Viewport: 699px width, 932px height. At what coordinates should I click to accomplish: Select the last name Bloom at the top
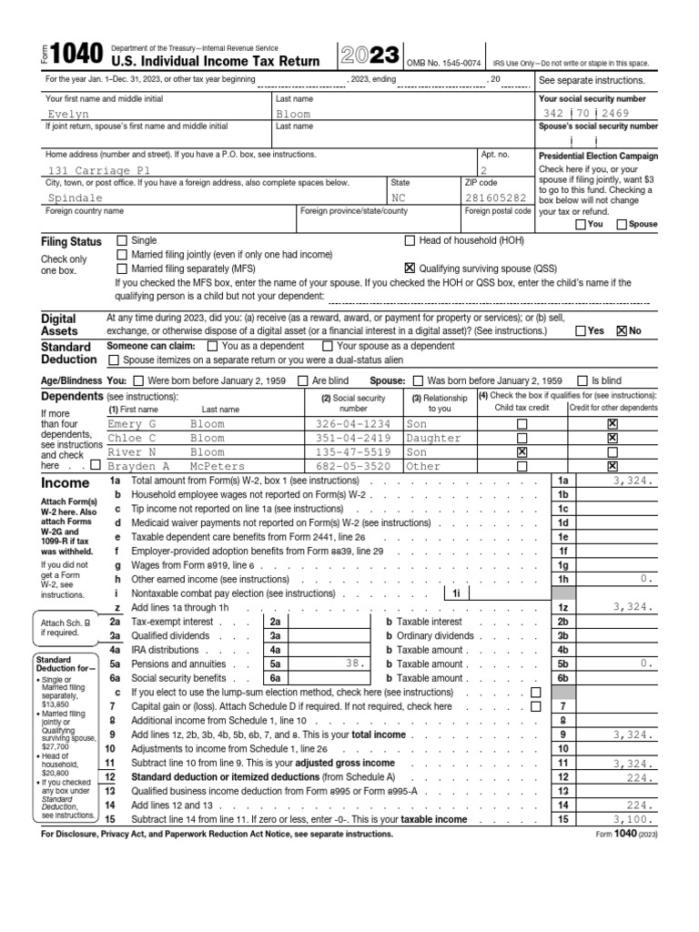click(x=293, y=115)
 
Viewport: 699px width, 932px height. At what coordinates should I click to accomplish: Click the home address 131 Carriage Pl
click(x=99, y=170)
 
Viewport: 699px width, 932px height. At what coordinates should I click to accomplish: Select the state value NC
click(x=400, y=197)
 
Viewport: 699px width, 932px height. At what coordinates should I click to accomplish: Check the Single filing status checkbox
click(x=123, y=241)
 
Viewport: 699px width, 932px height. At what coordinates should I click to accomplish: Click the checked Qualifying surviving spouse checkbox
click(x=409, y=268)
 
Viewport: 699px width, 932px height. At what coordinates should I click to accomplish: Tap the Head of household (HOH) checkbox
click(x=409, y=241)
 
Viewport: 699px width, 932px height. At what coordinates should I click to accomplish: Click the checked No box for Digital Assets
click(x=622, y=331)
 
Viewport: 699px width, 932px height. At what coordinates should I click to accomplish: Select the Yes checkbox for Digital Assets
click(x=582, y=331)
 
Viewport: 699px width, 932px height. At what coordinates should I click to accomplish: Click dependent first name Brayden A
click(x=138, y=466)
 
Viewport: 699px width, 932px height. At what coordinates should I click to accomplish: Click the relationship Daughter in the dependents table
click(x=433, y=438)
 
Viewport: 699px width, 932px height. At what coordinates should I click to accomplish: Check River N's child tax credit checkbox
click(x=522, y=451)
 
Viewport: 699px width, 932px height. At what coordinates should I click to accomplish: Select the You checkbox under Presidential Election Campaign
click(x=582, y=224)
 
